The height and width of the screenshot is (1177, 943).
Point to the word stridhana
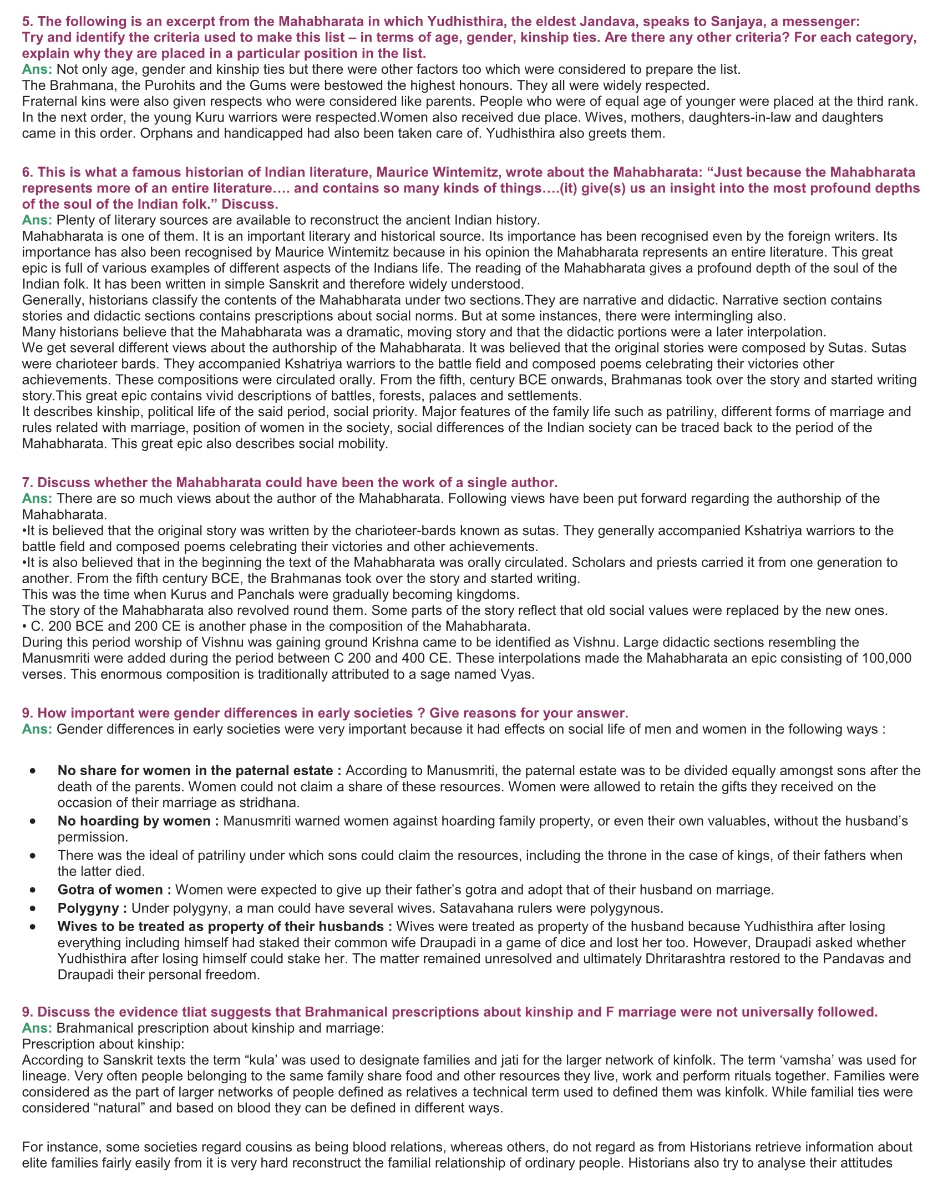tap(269, 802)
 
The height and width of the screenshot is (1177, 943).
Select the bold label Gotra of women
tap(114, 890)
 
